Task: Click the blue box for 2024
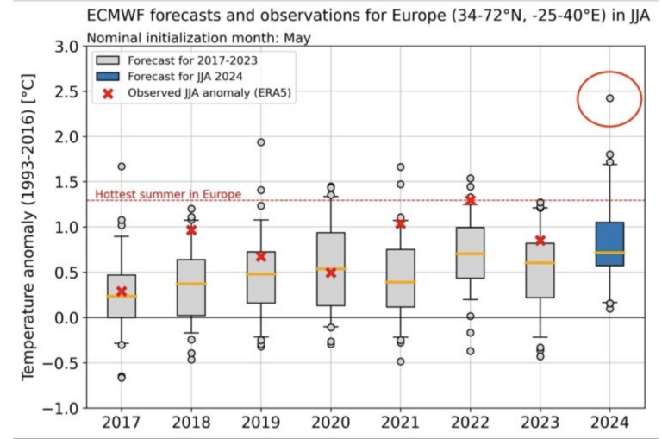coord(609,243)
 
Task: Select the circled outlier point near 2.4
coord(609,98)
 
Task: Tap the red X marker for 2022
coord(470,199)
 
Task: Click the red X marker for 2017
coord(122,292)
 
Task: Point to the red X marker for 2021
coord(400,223)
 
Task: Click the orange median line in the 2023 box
coord(540,263)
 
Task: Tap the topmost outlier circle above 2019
coord(261,142)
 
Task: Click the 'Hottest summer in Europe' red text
coord(168,194)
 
